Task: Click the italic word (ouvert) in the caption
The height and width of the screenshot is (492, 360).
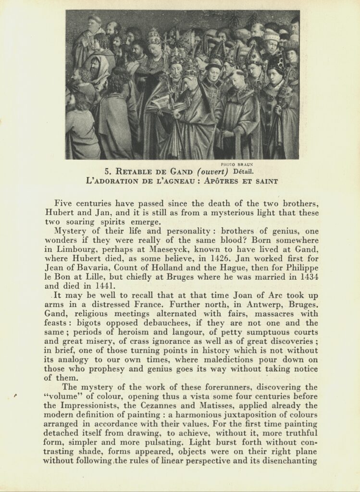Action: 213,172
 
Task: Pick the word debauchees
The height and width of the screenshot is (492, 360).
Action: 172,323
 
